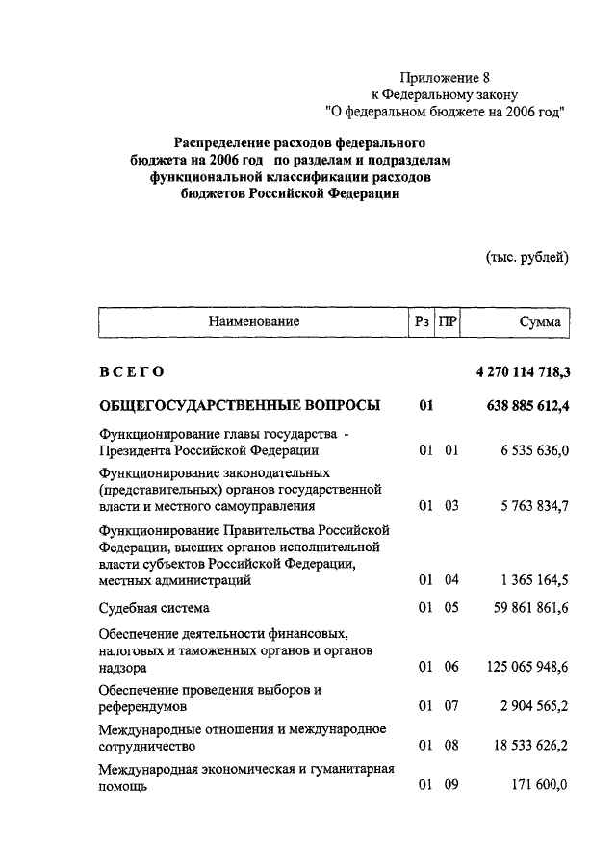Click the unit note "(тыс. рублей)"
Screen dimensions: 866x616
(527, 257)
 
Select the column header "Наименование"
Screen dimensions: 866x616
(255, 322)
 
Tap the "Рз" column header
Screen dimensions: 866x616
(422, 322)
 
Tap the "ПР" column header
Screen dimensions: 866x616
(448, 322)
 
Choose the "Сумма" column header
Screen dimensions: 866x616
(539, 322)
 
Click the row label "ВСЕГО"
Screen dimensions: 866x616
(132, 371)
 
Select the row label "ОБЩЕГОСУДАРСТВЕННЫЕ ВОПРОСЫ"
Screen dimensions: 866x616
(239, 405)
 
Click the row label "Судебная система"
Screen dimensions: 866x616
(154, 608)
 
